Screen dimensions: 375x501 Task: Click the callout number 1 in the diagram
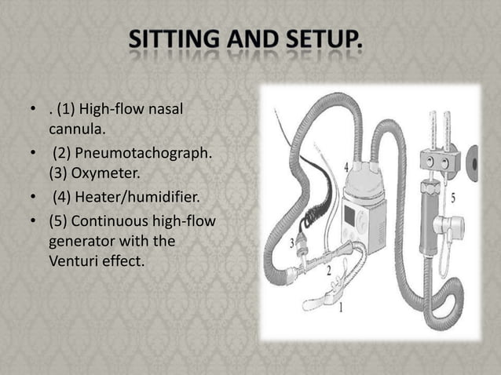point(341,308)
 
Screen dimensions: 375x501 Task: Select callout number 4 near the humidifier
point(346,167)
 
